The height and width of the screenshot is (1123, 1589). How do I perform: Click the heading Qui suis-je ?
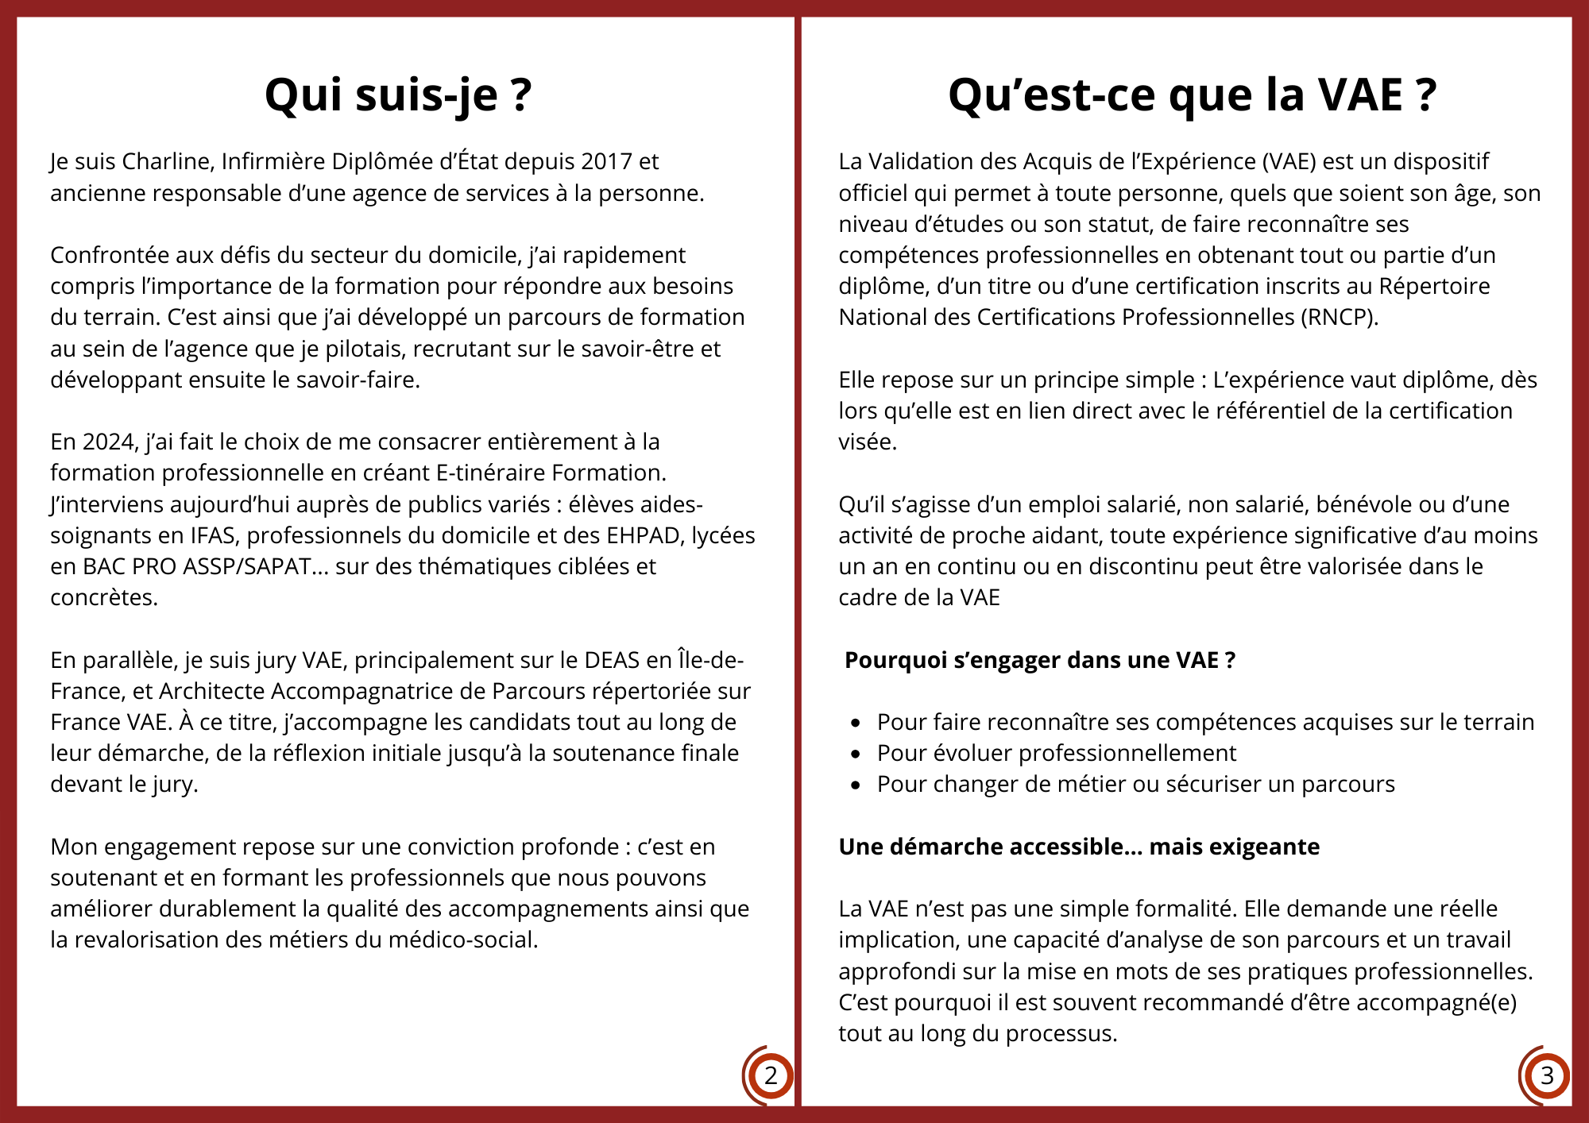pyautogui.click(x=397, y=95)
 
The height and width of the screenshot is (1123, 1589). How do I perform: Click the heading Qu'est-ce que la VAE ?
pyautogui.click(x=1192, y=95)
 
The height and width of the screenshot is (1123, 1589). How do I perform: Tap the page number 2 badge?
pyautogui.click(x=770, y=1076)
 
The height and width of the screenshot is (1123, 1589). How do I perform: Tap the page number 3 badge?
pyautogui.click(x=1546, y=1076)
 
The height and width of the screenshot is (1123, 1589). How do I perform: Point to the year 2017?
pyautogui.click(x=606, y=161)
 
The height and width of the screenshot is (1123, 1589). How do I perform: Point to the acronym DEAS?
pyautogui.click(x=612, y=660)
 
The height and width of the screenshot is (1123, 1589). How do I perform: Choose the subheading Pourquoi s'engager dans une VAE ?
pyautogui.click(x=1039, y=660)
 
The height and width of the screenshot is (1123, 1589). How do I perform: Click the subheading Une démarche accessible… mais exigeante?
pyautogui.click(x=1079, y=847)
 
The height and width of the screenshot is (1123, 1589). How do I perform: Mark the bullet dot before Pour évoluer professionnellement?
pyautogui.click(x=856, y=754)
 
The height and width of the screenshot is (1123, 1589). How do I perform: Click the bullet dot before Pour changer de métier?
pyautogui.click(x=856, y=785)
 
